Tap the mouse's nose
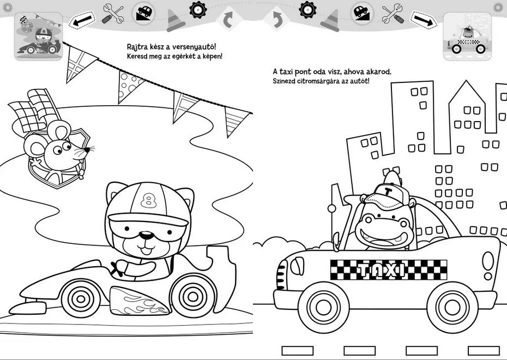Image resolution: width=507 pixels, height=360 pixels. [87, 150]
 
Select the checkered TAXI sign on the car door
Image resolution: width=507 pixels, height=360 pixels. [388, 270]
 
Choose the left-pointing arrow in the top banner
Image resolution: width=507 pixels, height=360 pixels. [82, 20]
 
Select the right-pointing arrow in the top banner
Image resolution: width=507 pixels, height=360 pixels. [424, 20]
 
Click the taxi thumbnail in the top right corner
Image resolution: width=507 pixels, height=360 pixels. [467, 36]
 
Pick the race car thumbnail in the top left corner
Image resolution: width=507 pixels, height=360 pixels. [39, 36]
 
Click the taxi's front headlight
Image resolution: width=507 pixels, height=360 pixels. [297, 266]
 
